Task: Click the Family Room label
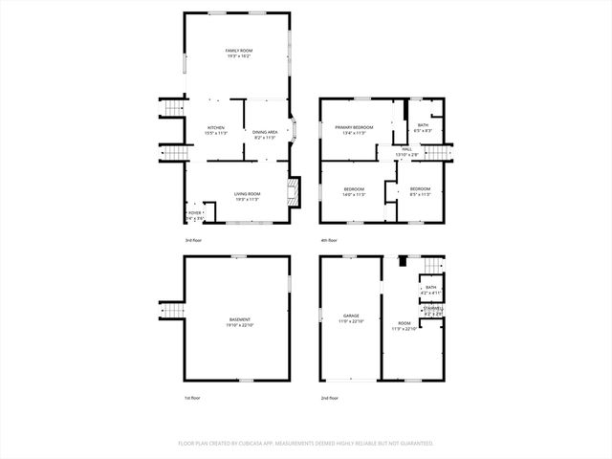239,50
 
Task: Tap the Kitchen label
216,128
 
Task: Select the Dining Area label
265,132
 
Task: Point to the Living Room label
248,194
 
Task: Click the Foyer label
194,212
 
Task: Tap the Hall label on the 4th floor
406,149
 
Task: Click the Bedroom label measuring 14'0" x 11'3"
354,189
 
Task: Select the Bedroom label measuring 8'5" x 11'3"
420,189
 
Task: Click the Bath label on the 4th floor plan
423,125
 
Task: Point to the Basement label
240,319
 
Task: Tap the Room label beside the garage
404,324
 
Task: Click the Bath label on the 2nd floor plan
430,287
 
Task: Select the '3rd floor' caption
194,239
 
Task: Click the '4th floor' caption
330,239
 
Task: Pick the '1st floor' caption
193,398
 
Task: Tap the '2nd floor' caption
330,398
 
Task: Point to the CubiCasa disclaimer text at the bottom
306,444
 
